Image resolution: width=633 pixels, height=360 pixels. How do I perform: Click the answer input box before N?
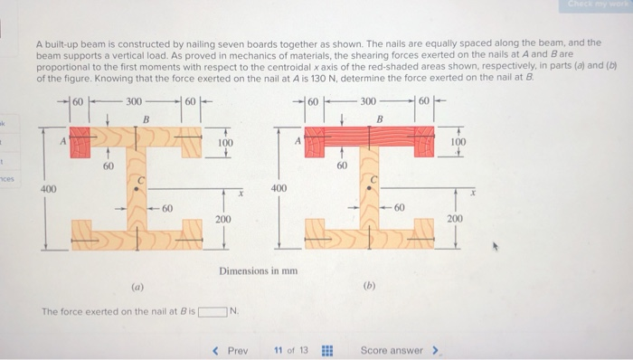pyautogui.click(x=211, y=312)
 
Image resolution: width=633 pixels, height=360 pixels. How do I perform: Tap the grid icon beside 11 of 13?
pyautogui.click(x=327, y=350)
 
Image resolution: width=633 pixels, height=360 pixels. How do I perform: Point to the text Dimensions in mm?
pyautogui.click(x=258, y=270)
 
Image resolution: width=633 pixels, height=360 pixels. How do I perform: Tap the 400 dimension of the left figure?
pyautogui.click(x=47, y=188)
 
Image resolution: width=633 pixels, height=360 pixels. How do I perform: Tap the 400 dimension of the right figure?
pyautogui.click(x=279, y=188)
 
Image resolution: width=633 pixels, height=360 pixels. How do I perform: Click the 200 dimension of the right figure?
pyautogui.click(x=455, y=220)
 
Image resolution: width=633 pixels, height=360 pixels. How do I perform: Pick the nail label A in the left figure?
pyautogui.click(x=62, y=140)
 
